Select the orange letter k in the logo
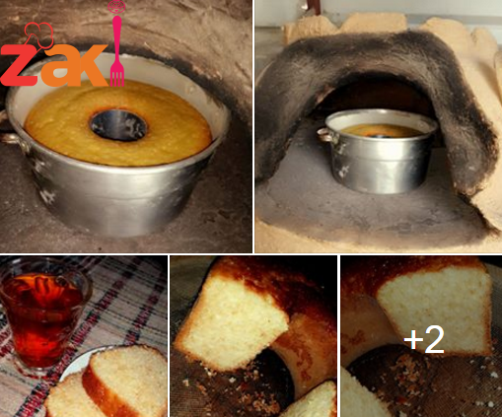point(93,64)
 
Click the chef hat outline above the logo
point(38,35)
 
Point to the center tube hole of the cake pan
point(118,125)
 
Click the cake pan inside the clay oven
point(380,150)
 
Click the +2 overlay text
point(424,339)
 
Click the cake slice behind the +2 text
point(434,309)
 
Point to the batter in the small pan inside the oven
point(382,130)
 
